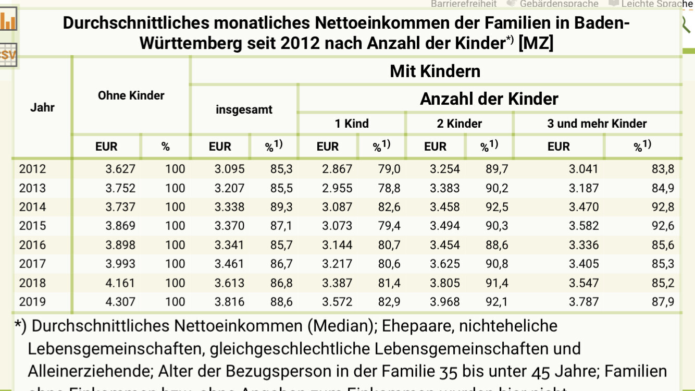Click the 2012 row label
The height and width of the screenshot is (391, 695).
pos(32,169)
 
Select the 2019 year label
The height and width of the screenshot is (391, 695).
pos(32,302)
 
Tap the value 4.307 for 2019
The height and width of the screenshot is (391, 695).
pos(120,302)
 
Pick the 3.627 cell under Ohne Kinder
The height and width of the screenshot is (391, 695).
pos(120,169)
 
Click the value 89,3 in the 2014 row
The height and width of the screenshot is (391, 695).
pos(281,207)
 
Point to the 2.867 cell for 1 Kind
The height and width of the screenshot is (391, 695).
pos(337,169)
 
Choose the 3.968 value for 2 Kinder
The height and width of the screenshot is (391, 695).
pos(445,302)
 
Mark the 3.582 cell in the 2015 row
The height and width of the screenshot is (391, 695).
pos(584,226)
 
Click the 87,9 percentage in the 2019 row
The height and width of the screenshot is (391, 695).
pos(663,302)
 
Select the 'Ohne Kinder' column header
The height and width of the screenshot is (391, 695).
pos(131,95)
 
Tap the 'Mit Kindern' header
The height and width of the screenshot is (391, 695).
pos(435,71)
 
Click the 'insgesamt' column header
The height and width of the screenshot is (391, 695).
pos(244,110)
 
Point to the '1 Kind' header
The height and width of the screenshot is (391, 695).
pos(352,124)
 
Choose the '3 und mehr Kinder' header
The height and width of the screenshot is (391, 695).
pos(597,124)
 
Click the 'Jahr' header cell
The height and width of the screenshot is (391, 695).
pos(42,108)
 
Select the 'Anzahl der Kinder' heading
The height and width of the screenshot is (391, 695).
pos(489,99)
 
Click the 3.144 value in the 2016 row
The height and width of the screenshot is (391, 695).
pos(337,245)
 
